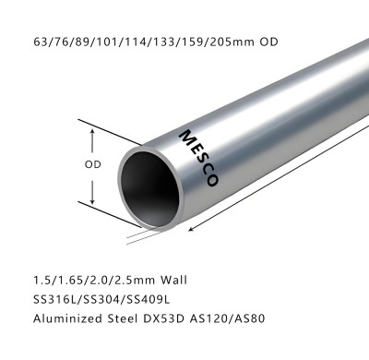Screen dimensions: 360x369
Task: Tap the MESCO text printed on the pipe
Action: coord(199,158)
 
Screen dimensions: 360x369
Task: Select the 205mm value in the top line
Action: coord(227,42)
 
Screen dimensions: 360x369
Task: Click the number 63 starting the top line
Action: coord(40,42)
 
